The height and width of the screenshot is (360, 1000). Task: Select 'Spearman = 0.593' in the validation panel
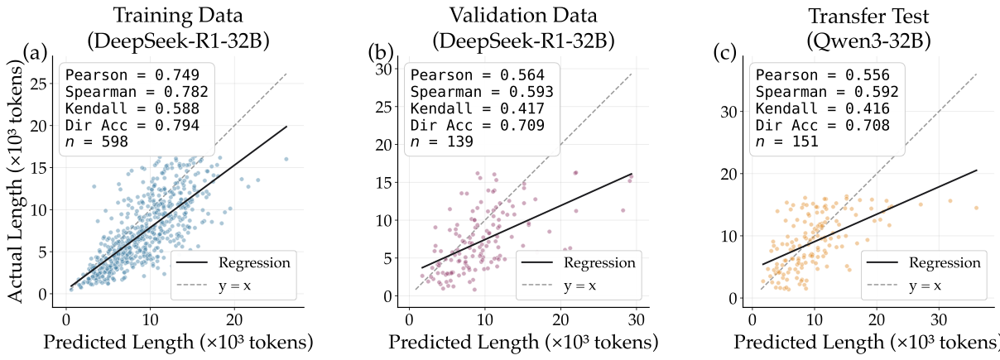click(x=482, y=92)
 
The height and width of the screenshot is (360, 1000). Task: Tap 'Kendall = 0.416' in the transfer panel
click(x=820, y=108)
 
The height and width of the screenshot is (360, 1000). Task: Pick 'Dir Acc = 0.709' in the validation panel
click(x=478, y=125)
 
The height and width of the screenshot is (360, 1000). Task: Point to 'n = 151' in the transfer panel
click(x=784, y=142)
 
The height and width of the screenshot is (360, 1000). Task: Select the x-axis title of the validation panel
click(x=523, y=342)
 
